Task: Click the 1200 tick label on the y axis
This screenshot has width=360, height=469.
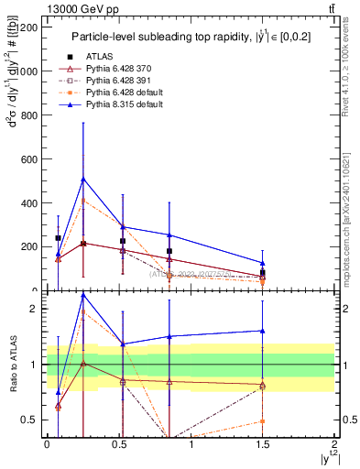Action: click(27, 27)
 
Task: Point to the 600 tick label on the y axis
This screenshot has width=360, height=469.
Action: click(29, 159)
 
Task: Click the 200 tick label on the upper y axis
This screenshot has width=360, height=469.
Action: click(29, 246)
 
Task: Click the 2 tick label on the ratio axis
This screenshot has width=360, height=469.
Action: click(36, 309)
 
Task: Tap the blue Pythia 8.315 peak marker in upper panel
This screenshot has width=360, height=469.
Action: click(83, 180)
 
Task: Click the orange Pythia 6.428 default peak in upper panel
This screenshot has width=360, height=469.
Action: click(83, 200)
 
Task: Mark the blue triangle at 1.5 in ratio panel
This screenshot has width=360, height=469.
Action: click(263, 331)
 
